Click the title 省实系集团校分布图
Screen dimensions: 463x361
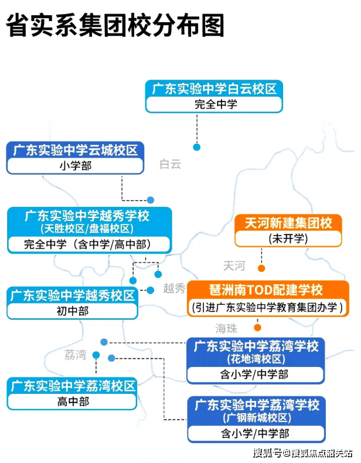(x=115, y=26)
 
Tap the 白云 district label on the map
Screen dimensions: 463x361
(x=170, y=164)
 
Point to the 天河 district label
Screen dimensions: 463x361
(x=234, y=266)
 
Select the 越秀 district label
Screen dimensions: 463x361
(x=174, y=288)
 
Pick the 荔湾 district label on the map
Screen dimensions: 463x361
(x=75, y=355)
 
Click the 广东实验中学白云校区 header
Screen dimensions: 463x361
(x=214, y=89)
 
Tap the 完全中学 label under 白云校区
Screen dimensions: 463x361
(x=214, y=105)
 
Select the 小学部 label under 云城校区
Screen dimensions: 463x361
(x=75, y=166)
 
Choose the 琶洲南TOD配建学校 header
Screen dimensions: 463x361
(x=266, y=290)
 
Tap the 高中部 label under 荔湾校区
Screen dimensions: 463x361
(x=73, y=401)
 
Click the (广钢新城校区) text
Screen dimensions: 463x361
(x=256, y=418)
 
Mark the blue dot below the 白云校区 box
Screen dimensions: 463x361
(x=197, y=147)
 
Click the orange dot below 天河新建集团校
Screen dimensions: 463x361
(x=261, y=268)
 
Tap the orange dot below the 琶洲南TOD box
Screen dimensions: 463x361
(x=257, y=328)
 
